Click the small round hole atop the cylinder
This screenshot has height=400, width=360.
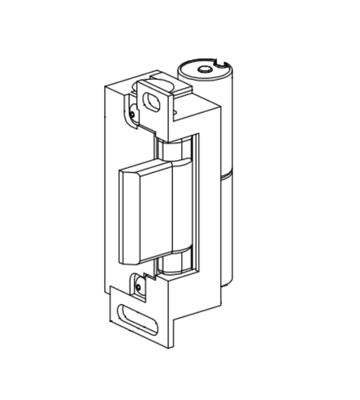pyautogui.click(x=204, y=69)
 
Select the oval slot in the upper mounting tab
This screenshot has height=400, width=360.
pyautogui.click(x=152, y=101)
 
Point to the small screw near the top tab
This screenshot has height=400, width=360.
pyautogui.click(x=132, y=113)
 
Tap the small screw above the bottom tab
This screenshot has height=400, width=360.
pyautogui.click(x=138, y=286)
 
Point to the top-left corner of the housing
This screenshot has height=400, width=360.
pyautogui.click(x=106, y=87)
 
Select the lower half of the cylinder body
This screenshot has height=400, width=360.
pyautogui.click(x=227, y=231)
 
